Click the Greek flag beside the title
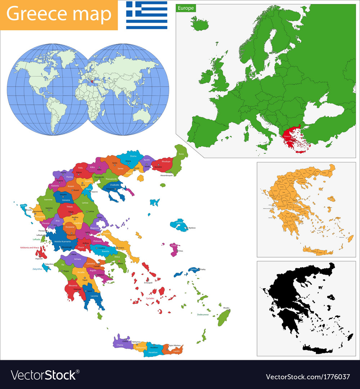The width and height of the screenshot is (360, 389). pos(147,15)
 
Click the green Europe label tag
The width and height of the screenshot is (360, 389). pos(186,8)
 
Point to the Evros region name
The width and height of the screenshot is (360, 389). pos(181,154)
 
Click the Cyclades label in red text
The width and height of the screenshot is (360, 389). pos(150,299)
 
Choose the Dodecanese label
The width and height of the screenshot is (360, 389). pos(203,314)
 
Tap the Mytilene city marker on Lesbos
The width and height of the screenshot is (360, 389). pos(186,228)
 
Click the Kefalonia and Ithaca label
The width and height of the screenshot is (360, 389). pos(29,247)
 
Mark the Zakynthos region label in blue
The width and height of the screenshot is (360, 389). pos(37,269)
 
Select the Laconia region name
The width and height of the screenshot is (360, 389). pos(94,296)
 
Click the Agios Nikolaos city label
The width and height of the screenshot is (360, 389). pos(175,345)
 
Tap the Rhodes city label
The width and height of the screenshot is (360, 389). pos(226,308)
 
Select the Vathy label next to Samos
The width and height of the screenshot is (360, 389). pos(203,269)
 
